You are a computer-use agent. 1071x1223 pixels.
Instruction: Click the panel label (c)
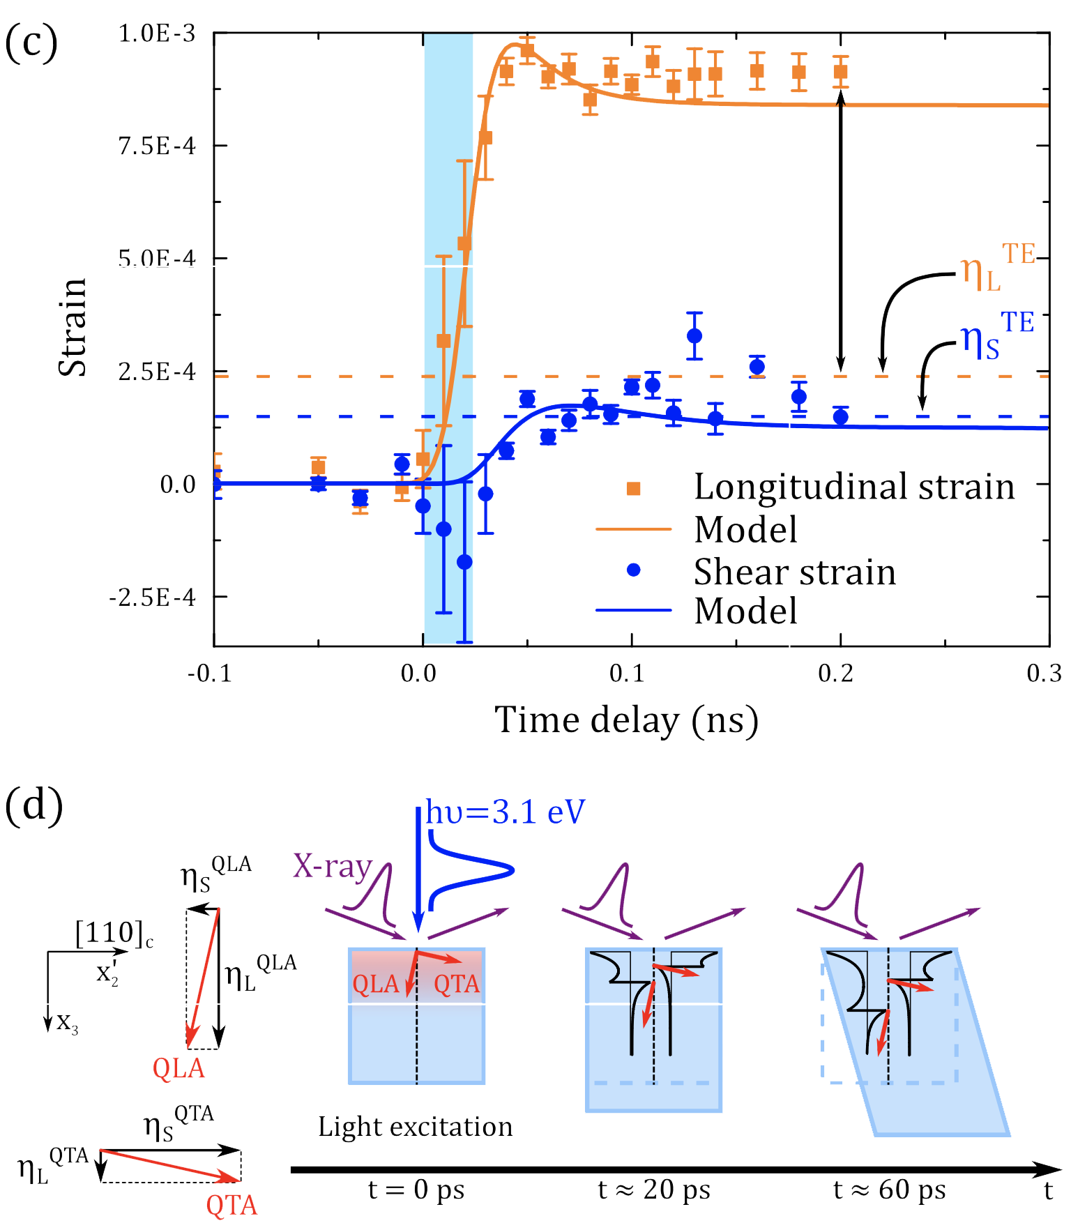(x=31, y=43)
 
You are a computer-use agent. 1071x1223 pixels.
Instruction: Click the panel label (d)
(x=33, y=806)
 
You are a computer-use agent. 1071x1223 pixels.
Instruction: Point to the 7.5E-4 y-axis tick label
(x=157, y=146)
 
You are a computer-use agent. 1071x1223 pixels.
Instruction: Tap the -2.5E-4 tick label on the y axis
(x=152, y=598)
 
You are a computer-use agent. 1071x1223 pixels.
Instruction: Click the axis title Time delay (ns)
(x=626, y=720)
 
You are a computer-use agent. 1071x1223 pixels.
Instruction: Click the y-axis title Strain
(x=73, y=328)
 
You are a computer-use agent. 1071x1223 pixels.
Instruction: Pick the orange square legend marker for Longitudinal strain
(x=633, y=488)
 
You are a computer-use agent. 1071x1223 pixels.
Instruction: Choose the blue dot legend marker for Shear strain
(x=633, y=570)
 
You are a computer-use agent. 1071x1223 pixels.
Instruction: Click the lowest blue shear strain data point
(x=464, y=562)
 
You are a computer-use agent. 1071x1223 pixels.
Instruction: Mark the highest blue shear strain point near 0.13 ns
(x=694, y=336)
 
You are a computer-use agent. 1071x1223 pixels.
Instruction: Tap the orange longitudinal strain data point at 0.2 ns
(x=841, y=72)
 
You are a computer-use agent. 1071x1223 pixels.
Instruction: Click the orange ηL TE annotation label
(x=996, y=268)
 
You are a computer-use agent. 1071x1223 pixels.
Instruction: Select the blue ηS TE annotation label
(x=996, y=336)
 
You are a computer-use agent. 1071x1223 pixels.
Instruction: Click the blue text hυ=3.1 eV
(x=506, y=813)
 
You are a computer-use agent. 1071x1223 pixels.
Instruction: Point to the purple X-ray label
(x=333, y=866)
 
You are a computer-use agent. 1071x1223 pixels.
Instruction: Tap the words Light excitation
(x=415, y=1127)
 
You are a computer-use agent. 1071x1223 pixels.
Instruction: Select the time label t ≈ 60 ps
(x=889, y=1190)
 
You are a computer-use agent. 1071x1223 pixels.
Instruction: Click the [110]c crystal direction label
(x=114, y=932)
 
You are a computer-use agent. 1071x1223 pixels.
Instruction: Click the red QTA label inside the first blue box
(x=457, y=984)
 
